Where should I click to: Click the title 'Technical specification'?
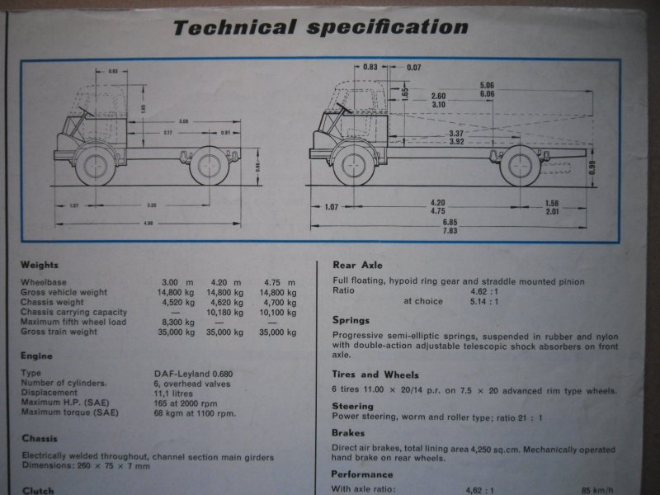pyautogui.click(x=320, y=27)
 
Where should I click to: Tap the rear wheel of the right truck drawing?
pyautogui.click(x=521, y=166)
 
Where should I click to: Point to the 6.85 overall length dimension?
pyautogui.click(x=449, y=223)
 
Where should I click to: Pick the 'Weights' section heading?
pyautogui.click(x=40, y=265)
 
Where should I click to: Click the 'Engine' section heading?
pyautogui.click(x=37, y=356)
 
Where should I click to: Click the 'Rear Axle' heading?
pyautogui.click(x=356, y=265)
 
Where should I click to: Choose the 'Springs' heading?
pyautogui.click(x=351, y=319)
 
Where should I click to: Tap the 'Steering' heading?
pyautogui.click(x=352, y=406)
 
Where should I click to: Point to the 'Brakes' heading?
pyautogui.click(x=348, y=432)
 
